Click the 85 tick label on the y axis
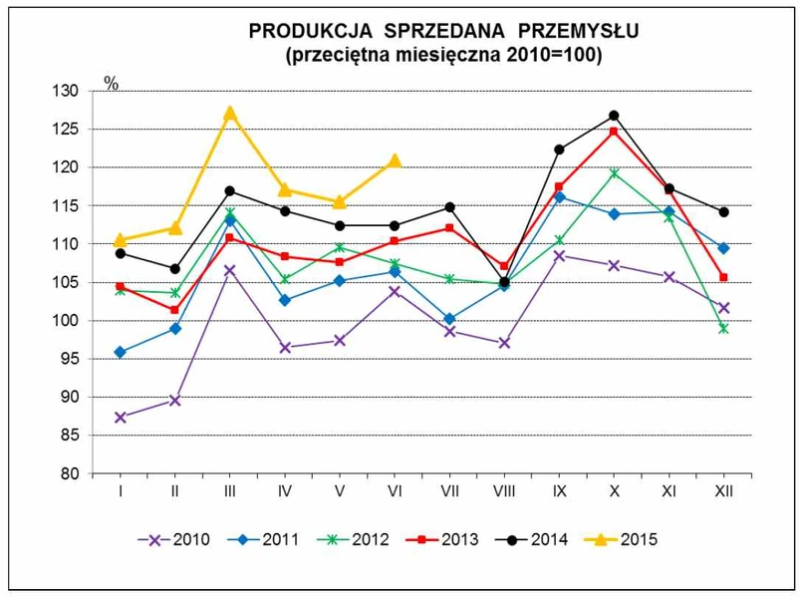click(69, 436)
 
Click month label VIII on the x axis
click(504, 492)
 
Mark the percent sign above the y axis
click(112, 84)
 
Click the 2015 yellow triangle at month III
click(230, 113)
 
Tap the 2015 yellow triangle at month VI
click(395, 159)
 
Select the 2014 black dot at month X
click(614, 116)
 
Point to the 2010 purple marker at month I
click(121, 418)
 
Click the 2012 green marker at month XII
click(723, 328)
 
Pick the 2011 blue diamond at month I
click(121, 352)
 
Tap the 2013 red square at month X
click(614, 132)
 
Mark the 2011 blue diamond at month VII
click(449, 319)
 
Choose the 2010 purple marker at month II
click(175, 401)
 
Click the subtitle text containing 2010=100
click(443, 56)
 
